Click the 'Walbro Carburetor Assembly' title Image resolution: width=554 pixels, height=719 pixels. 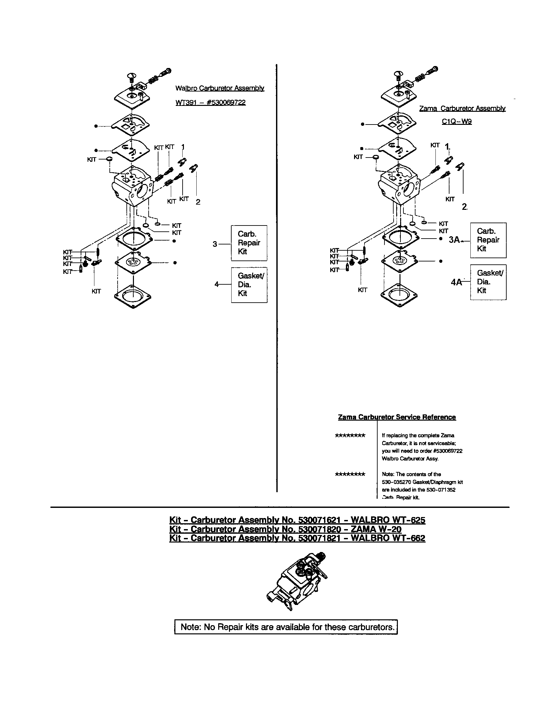point(220,88)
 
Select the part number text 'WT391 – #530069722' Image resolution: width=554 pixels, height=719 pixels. point(211,102)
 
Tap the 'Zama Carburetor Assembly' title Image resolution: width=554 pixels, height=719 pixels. point(462,108)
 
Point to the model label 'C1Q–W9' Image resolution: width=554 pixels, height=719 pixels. point(457,122)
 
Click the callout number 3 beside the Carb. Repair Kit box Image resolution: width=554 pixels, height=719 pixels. point(215,244)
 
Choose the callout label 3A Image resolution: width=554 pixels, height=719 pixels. point(454,240)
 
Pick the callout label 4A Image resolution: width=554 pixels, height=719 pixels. point(456,282)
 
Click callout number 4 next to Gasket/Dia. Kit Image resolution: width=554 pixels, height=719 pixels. point(217,284)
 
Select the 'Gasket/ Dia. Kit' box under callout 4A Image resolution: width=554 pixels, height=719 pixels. point(488,282)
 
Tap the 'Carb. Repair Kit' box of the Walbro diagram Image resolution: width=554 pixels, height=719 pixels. point(249,243)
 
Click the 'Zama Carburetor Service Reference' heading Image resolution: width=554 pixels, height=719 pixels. point(397,417)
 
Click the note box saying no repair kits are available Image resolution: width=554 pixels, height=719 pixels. point(286,627)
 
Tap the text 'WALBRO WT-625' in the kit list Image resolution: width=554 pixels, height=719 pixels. point(388,520)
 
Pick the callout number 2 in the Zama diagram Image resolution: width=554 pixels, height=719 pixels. point(464,207)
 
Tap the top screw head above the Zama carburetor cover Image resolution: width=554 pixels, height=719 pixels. point(398,73)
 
